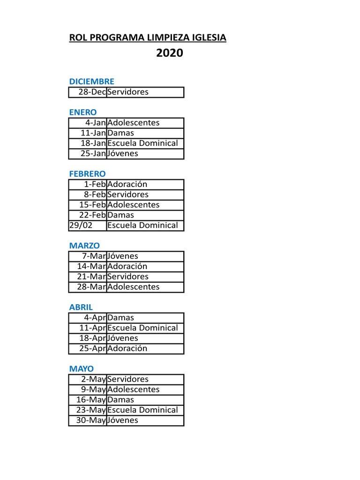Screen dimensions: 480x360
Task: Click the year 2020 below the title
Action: [170, 54]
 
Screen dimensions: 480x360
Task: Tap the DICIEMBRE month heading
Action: [91, 82]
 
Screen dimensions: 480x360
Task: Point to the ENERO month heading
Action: [83, 112]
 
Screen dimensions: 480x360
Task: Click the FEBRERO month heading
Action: [88, 174]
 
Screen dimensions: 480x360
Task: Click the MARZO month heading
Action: [84, 246]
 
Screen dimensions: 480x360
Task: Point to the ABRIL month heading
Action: [81, 307]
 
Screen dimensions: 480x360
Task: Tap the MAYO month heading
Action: [82, 369]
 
